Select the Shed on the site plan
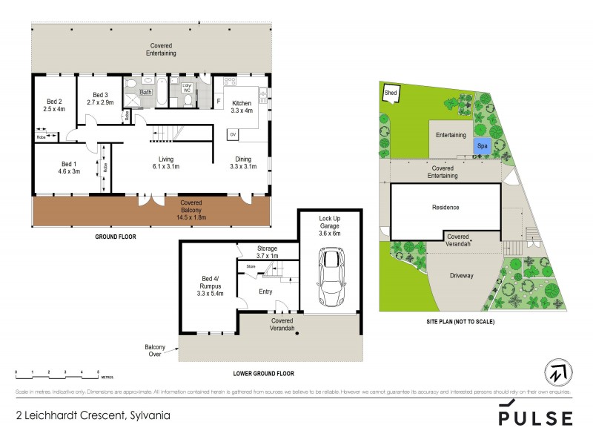(391, 93)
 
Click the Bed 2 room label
(54, 105)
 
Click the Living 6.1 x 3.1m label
(166, 163)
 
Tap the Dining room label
(243, 163)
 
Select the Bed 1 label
(68, 167)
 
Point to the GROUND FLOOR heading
(115, 237)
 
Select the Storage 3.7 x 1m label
(267, 252)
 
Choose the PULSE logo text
(535, 417)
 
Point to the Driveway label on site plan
(461, 275)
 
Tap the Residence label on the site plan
(445, 208)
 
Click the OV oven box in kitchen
(232, 134)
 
